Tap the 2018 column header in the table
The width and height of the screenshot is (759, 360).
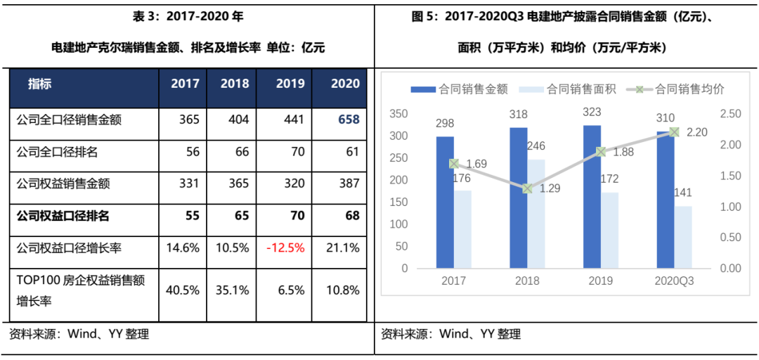[x=235, y=84]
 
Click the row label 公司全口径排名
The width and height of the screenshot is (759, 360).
[x=58, y=151]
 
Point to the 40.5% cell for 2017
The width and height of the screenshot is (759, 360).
[x=185, y=290]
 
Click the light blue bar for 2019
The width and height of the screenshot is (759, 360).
[x=609, y=230]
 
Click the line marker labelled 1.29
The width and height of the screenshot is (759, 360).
[x=528, y=188]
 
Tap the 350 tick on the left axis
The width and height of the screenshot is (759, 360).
[x=398, y=114]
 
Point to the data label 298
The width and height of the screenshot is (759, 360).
[x=444, y=124]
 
